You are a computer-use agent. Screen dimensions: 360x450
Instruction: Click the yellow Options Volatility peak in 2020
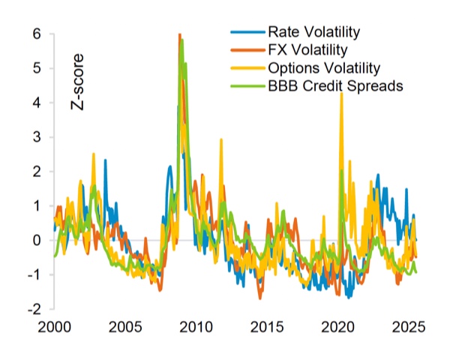click(x=341, y=94)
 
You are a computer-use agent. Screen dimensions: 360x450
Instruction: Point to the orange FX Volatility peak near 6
click(x=179, y=35)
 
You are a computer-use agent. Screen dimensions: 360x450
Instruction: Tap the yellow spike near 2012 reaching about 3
click(x=220, y=139)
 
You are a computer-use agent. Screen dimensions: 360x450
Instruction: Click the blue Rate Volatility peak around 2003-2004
click(x=105, y=160)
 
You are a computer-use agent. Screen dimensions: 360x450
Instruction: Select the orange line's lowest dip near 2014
click(x=260, y=298)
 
